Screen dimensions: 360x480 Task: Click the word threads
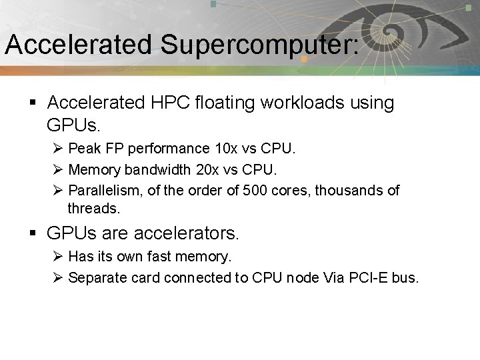point(93,208)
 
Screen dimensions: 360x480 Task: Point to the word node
point(303,277)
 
